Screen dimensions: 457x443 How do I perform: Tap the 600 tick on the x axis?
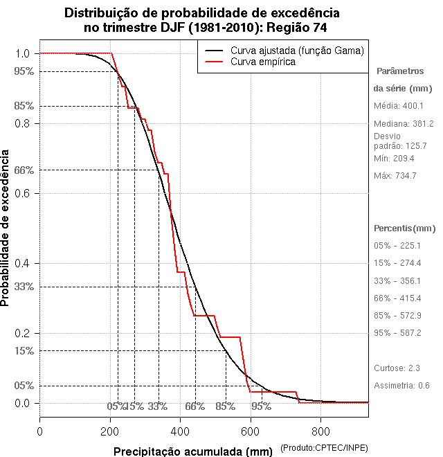[251, 431]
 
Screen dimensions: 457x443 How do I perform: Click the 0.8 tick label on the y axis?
[22, 123]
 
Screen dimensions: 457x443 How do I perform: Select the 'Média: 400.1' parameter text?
[398, 106]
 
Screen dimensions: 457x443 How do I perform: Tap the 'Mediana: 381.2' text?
[404, 123]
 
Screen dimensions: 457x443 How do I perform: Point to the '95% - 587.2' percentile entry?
[397, 332]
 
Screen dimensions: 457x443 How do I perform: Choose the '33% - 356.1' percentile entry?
[397, 280]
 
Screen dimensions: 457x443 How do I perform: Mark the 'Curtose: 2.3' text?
[397, 368]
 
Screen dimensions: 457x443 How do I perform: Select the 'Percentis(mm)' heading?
[405, 228]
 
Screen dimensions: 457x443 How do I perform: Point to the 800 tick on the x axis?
[320, 431]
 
